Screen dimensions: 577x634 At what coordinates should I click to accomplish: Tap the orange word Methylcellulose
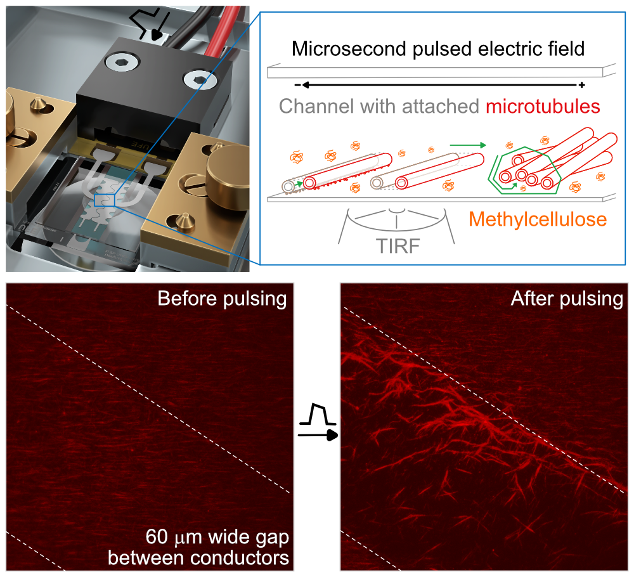click(x=538, y=219)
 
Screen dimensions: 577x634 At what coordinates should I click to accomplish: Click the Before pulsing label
click(x=222, y=298)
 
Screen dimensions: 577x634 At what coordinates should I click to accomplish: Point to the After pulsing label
click(x=567, y=298)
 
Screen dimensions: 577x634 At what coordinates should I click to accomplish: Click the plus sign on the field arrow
click(x=582, y=84)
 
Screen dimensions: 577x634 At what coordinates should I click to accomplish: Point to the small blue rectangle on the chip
click(x=103, y=200)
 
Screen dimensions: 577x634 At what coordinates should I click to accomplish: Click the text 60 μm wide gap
click(x=217, y=538)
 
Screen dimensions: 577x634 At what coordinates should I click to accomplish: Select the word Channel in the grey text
click(x=317, y=106)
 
